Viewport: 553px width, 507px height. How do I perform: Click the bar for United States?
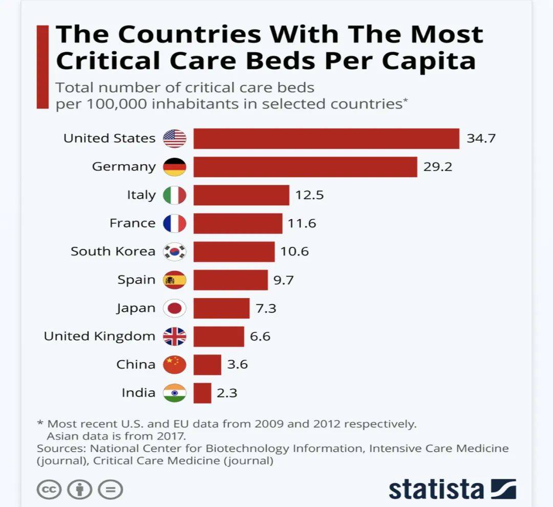pyautogui.click(x=326, y=138)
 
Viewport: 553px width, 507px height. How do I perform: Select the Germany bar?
pyautogui.click(x=305, y=166)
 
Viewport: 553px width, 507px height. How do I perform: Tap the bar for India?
pyautogui.click(x=202, y=393)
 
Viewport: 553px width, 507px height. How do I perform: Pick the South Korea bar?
pyautogui.click(x=234, y=251)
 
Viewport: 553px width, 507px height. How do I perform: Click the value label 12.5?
pyautogui.click(x=309, y=195)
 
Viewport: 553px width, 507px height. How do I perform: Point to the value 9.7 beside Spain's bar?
pyautogui.click(x=283, y=280)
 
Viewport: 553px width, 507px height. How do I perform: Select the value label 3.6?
pyautogui.click(x=238, y=365)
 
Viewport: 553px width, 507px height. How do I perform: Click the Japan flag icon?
pyautogui.click(x=175, y=308)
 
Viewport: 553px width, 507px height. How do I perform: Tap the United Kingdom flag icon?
pyautogui.click(x=175, y=336)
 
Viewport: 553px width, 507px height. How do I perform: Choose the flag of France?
pyautogui.click(x=175, y=223)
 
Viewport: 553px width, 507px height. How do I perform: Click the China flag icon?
pyautogui.click(x=175, y=365)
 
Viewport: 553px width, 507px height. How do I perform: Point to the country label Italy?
pyautogui.click(x=141, y=195)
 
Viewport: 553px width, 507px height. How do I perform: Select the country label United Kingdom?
pyautogui.click(x=99, y=336)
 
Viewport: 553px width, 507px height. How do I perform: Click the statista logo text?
pyautogui.click(x=436, y=489)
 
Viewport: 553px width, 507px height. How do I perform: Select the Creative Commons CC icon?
pyautogui.click(x=49, y=489)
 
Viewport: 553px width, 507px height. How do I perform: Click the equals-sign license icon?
pyautogui.click(x=110, y=489)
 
